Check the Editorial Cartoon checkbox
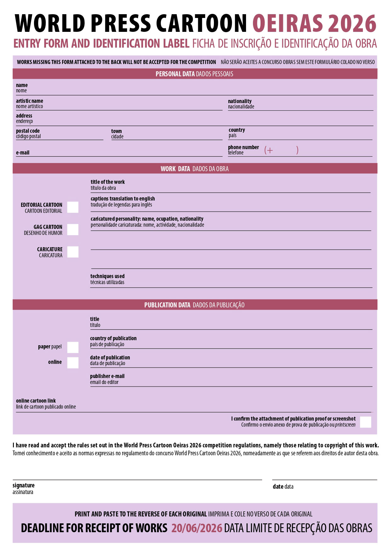tap(73, 207)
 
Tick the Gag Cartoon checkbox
tap(73, 230)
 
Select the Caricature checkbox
tap(73, 252)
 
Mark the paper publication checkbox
tap(73, 347)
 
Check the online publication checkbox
tap(73, 363)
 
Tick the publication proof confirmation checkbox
tap(365, 422)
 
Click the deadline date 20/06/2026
tap(197, 528)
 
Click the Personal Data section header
tap(194, 74)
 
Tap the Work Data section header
tap(194, 169)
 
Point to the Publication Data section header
tap(194, 305)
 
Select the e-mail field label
tap(23, 153)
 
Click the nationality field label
tap(240, 101)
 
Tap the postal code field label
tap(28, 131)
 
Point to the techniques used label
tap(107, 276)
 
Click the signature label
tap(24, 485)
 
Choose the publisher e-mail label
tap(107, 376)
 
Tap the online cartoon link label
tap(36, 401)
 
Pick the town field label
tap(116, 131)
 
